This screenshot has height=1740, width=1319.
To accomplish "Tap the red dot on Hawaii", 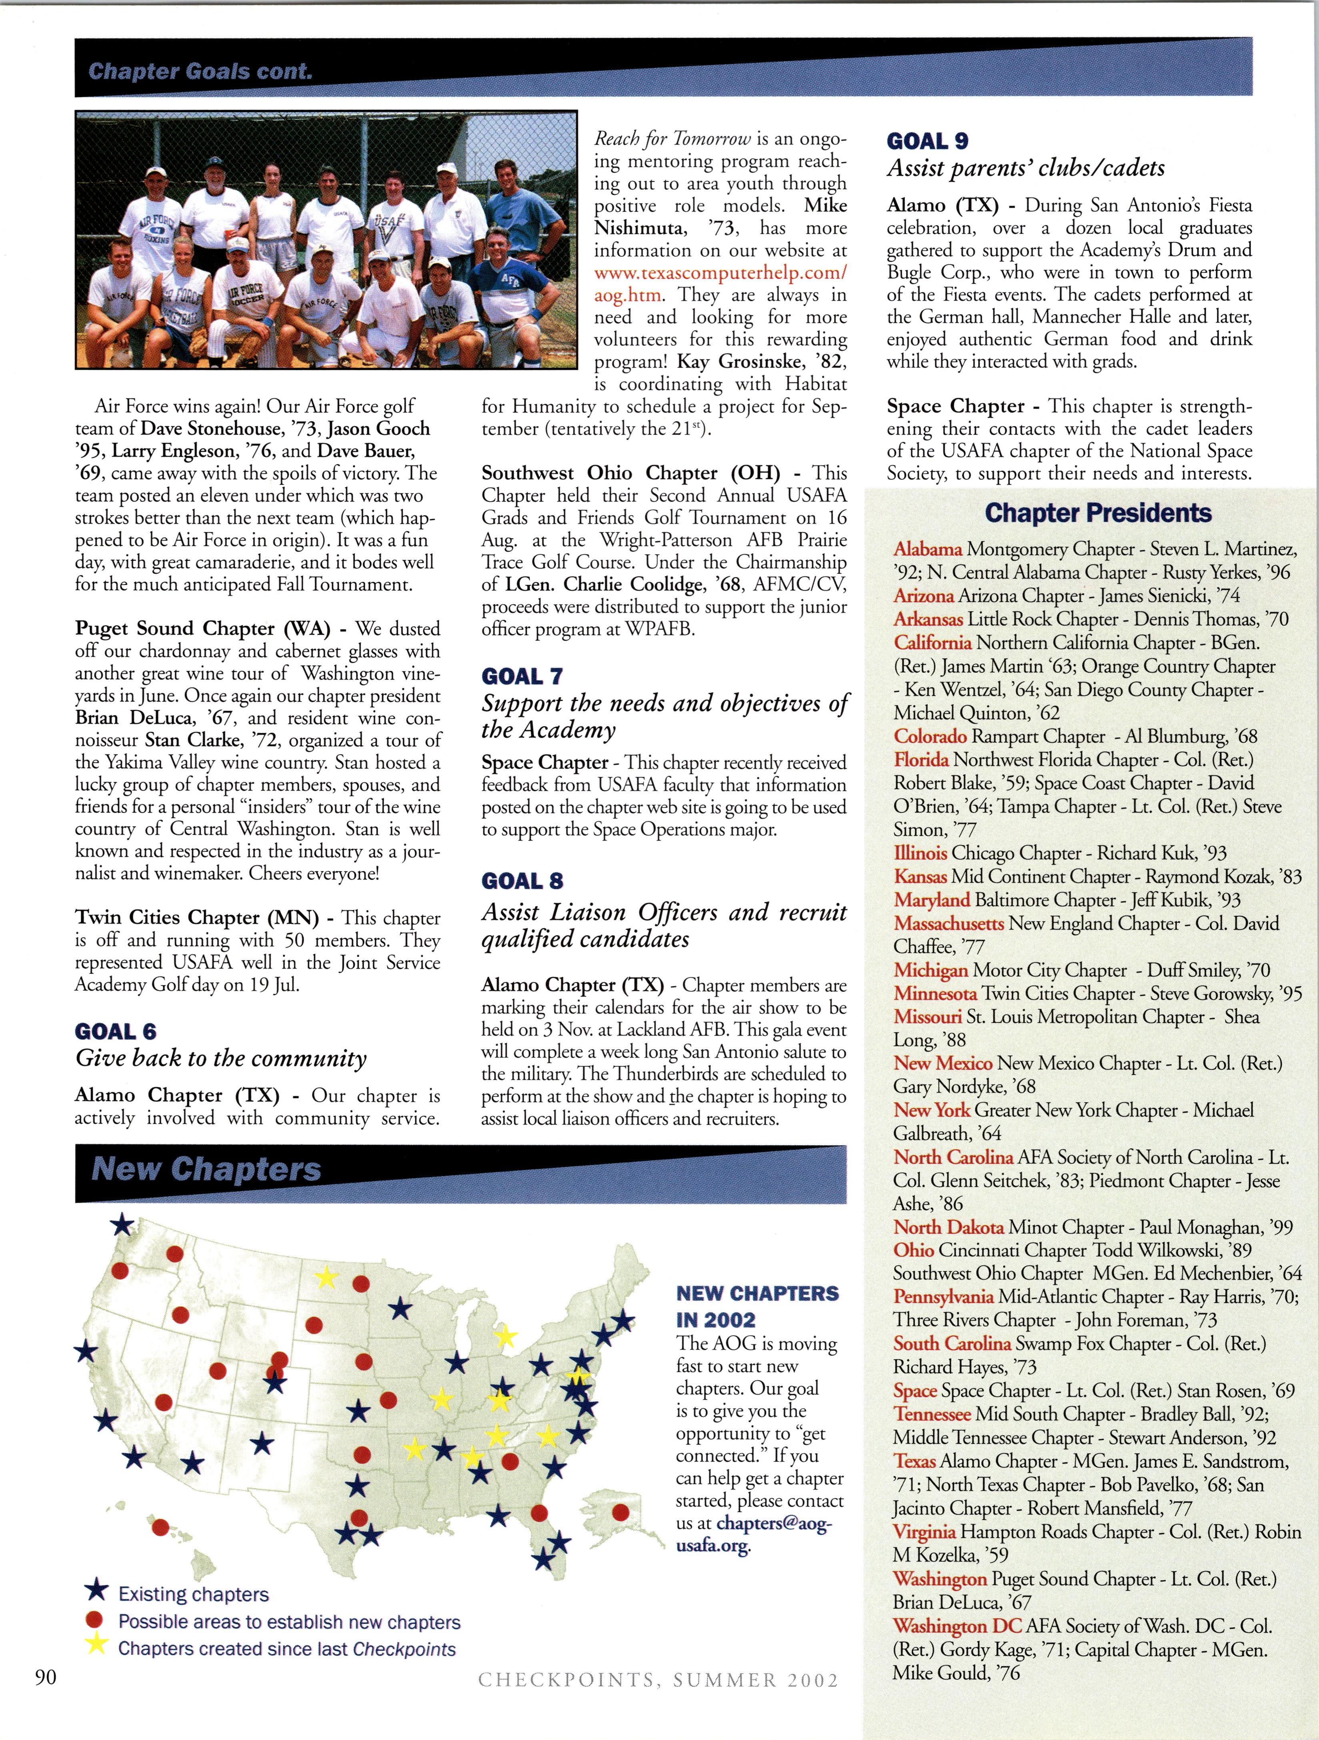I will click(160, 1527).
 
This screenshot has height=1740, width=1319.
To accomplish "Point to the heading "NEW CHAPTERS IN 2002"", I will click(757, 1306).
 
